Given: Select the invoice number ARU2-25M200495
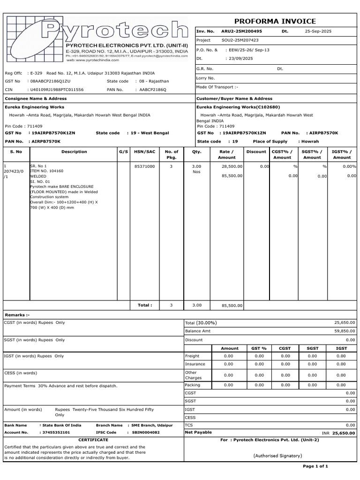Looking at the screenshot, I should click(241, 31).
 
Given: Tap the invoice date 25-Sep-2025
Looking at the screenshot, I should click(318, 31).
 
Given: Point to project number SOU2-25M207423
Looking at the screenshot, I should click(240, 40).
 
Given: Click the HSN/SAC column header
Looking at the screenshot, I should click(144, 152).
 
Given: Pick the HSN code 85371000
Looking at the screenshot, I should click(144, 166).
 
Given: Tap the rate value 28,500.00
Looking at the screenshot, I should click(232, 166).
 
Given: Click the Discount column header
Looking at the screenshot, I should click(256, 152).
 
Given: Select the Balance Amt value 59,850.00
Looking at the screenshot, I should click(345, 331).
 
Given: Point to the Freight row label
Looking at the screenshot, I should click(192, 356).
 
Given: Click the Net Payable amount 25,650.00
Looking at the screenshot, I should click(344, 434).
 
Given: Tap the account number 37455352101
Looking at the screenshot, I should click(56, 433).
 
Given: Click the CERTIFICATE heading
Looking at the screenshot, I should click(93, 440).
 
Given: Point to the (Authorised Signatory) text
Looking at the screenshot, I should click(277, 456).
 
